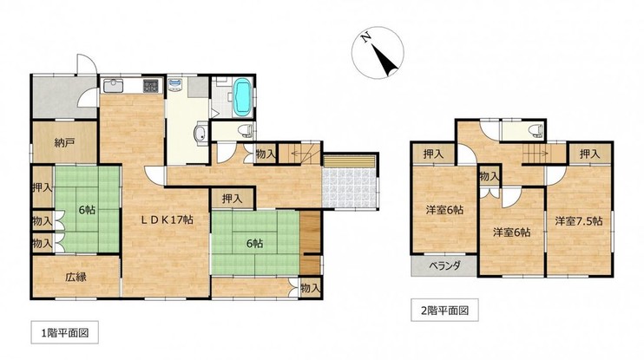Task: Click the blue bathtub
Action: pyautogui.click(x=242, y=97)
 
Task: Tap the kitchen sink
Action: pyautogui.click(x=114, y=86)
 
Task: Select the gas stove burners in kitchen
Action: pyautogui.click(x=150, y=85)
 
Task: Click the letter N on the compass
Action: pyautogui.click(x=365, y=38)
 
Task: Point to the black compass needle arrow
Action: pyautogui.click(x=385, y=60)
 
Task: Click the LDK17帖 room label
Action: pyautogui.click(x=167, y=219)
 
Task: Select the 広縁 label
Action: pyautogui.click(x=76, y=277)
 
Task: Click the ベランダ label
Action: pyautogui.click(x=444, y=265)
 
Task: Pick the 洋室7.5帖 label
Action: pyautogui.click(x=579, y=221)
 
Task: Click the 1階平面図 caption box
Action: pyautogui.click(x=65, y=332)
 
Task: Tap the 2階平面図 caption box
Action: pyautogui.click(x=444, y=310)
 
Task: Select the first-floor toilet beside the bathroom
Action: pyautogui.click(x=246, y=131)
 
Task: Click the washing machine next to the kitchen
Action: pyautogui.click(x=176, y=84)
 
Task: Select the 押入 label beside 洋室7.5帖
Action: pyautogui.click(x=590, y=154)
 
